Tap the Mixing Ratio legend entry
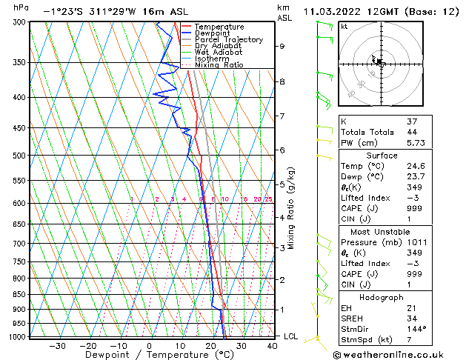coord(219,65)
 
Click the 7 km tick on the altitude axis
coord(282,116)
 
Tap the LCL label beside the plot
coord(292,336)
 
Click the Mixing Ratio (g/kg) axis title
coord(292,208)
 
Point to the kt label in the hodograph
coord(344,26)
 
